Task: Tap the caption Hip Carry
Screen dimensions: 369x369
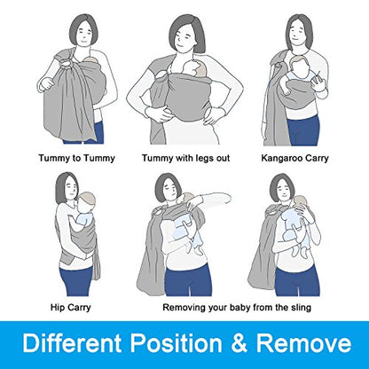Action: [x=70, y=307]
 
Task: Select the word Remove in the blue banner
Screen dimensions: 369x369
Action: [x=303, y=343]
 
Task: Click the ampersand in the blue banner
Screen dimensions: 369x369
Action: [x=239, y=343]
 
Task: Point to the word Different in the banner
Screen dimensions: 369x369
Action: [x=72, y=343]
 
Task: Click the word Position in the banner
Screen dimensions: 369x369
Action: [x=177, y=343]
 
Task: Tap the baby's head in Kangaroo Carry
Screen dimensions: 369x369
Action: [x=299, y=66]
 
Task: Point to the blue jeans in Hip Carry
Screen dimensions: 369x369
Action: [x=77, y=281]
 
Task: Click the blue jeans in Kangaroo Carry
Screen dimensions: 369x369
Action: [x=304, y=131]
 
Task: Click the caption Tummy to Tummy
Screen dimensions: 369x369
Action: [x=76, y=158]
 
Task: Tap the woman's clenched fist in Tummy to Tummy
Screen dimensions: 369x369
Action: [x=47, y=83]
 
